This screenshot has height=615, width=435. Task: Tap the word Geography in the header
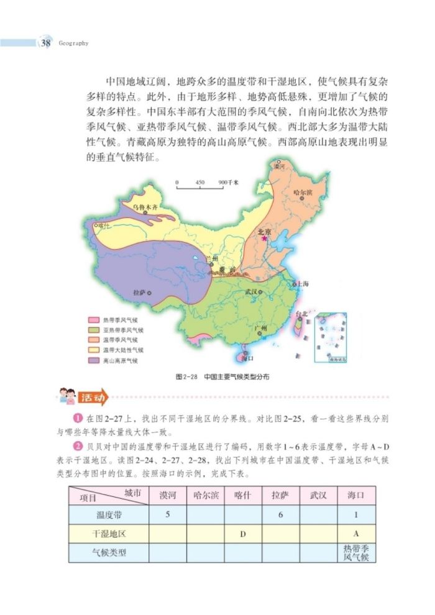74,43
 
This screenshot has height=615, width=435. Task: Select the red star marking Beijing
265,238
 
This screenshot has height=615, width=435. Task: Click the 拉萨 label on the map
139,291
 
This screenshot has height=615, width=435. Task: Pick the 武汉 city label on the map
251,291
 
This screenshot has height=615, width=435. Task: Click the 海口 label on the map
247,358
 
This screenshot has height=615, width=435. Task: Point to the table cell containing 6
280,514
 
